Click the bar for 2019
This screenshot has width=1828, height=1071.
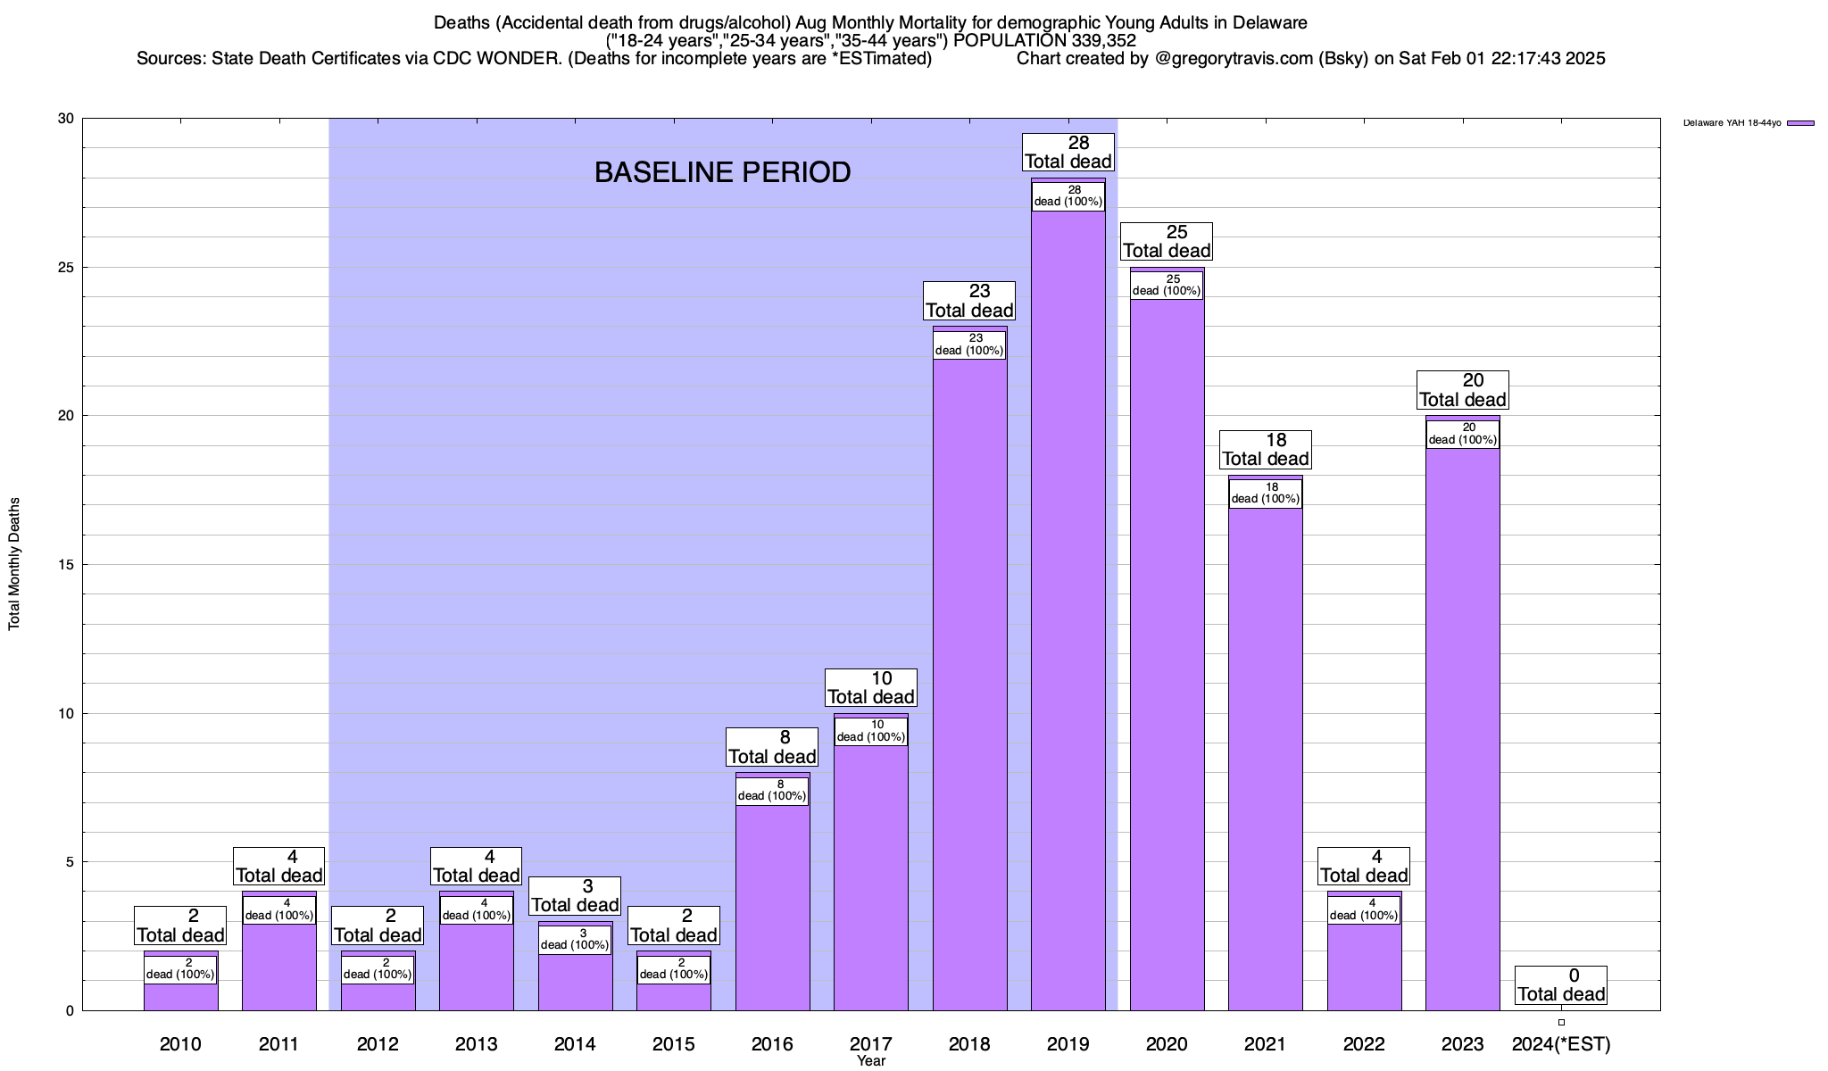(x=1068, y=625)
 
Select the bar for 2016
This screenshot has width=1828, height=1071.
(x=772, y=910)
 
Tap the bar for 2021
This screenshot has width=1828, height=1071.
(x=1266, y=759)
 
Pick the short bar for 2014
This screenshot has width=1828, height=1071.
(x=575, y=982)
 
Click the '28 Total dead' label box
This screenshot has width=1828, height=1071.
(x=1068, y=152)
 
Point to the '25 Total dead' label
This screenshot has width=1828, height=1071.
(x=1167, y=241)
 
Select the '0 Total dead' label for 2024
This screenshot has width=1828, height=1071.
(x=1561, y=985)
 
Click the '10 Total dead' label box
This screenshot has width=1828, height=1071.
(x=871, y=687)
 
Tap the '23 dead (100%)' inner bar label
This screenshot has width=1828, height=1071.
(x=969, y=345)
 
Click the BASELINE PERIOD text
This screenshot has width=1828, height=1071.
(x=722, y=172)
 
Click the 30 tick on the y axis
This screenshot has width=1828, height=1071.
(x=65, y=119)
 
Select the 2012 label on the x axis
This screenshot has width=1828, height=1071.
(x=378, y=1044)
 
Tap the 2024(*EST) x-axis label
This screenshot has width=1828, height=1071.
(x=1561, y=1044)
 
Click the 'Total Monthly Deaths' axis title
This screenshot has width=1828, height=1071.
(x=14, y=564)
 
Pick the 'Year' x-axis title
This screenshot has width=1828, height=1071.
(x=871, y=1061)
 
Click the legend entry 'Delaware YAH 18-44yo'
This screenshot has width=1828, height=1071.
(x=1732, y=123)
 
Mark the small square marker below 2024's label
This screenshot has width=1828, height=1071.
(x=1561, y=1022)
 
